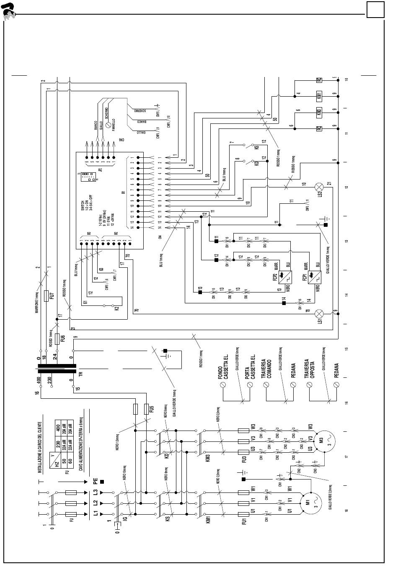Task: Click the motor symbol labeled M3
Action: coord(321,440)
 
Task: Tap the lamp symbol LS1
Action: coord(320,313)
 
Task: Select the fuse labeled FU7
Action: coord(47,295)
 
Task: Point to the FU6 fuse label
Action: coord(62,339)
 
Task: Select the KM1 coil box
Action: coord(319,96)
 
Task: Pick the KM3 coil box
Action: coord(319,112)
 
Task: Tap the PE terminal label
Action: coord(96,482)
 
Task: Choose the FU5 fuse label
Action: coord(152,408)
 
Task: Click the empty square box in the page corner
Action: coord(375,9)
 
